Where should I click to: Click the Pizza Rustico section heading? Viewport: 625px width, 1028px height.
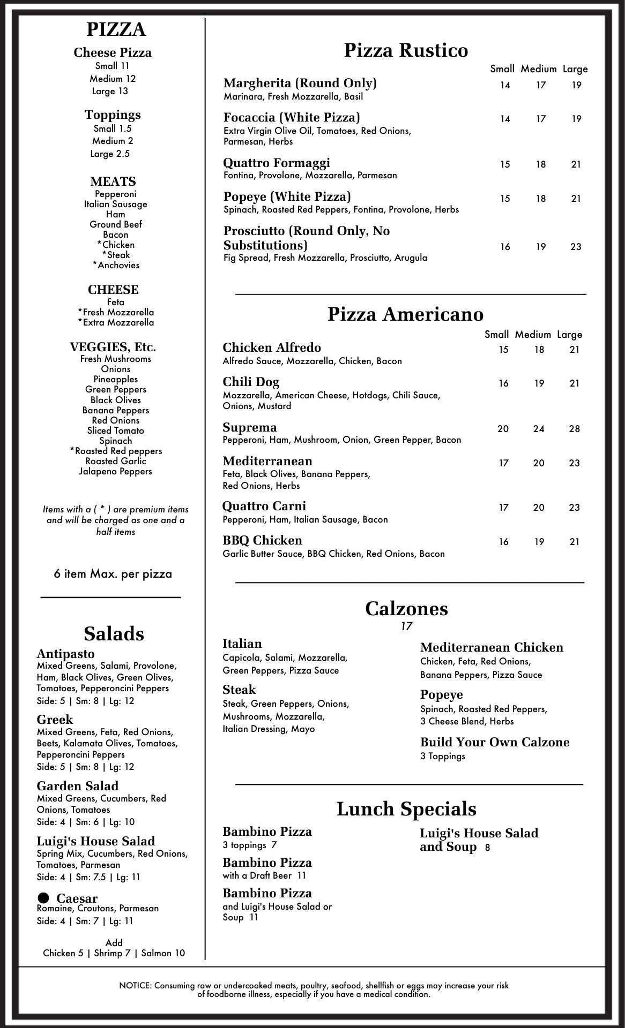click(x=406, y=50)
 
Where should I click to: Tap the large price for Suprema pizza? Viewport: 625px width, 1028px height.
click(x=574, y=429)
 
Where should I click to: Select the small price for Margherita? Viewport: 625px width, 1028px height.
click(x=505, y=85)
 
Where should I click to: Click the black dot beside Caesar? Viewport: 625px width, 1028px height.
click(x=43, y=897)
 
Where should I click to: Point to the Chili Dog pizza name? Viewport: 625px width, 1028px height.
click(x=251, y=382)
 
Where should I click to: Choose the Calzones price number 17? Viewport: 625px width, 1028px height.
click(x=406, y=626)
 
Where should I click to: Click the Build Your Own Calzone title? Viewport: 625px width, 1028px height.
click(x=494, y=742)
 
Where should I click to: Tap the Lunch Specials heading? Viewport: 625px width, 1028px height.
click(x=406, y=809)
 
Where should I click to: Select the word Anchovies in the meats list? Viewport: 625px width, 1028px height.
click(x=118, y=265)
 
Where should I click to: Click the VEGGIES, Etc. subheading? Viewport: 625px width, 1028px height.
click(x=113, y=347)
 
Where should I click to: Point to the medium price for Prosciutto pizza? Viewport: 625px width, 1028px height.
click(x=540, y=247)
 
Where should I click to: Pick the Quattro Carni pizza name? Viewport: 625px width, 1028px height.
click(x=264, y=507)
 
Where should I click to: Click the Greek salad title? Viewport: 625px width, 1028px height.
click(x=55, y=720)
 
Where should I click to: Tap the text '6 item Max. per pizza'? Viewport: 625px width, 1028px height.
click(x=113, y=574)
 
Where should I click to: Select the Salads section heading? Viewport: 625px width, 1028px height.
click(x=114, y=634)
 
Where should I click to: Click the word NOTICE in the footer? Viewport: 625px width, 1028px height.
click(x=135, y=986)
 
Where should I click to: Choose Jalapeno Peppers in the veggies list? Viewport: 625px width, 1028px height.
click(x=115, y=471)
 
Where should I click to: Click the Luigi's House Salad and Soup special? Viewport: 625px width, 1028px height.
click(x=479, y=840)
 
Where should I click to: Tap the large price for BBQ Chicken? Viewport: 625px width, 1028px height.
click(x=574, y=542)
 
